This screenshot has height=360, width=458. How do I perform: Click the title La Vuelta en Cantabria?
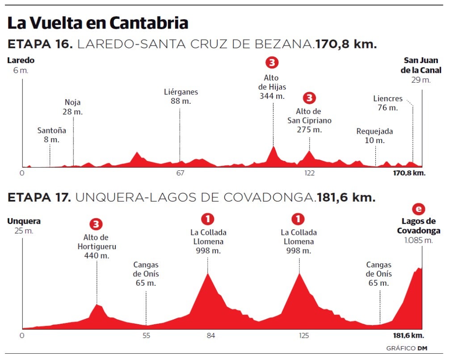(97, 23)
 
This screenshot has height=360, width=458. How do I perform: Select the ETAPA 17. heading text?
(39, 197)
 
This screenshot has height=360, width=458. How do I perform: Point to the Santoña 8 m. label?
(51, 135)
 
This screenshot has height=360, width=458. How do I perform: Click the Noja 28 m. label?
(73, 107)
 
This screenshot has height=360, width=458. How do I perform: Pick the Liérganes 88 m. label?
(181, 97)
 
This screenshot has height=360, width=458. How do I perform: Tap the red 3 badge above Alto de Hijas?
(272, 62)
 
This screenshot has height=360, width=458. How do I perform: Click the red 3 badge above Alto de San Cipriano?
(309, 98)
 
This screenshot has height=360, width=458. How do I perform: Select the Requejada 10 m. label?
(374, 136)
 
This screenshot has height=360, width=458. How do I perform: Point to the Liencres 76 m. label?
(388, 103)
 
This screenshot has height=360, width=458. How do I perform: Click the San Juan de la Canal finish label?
(421, 65)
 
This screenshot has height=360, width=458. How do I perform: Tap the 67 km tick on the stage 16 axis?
(180, 174)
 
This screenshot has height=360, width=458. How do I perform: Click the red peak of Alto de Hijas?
(273, 149)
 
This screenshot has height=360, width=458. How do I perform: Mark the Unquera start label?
(24, 221)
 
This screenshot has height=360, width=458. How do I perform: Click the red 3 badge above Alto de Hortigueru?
(96, 224)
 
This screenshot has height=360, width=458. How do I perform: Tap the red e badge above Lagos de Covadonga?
(418, 209)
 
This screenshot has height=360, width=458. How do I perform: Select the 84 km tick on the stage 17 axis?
(211, 335)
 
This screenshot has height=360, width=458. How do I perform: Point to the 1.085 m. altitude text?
(419, 241)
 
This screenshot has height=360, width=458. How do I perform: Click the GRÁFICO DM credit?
(404, 348)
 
